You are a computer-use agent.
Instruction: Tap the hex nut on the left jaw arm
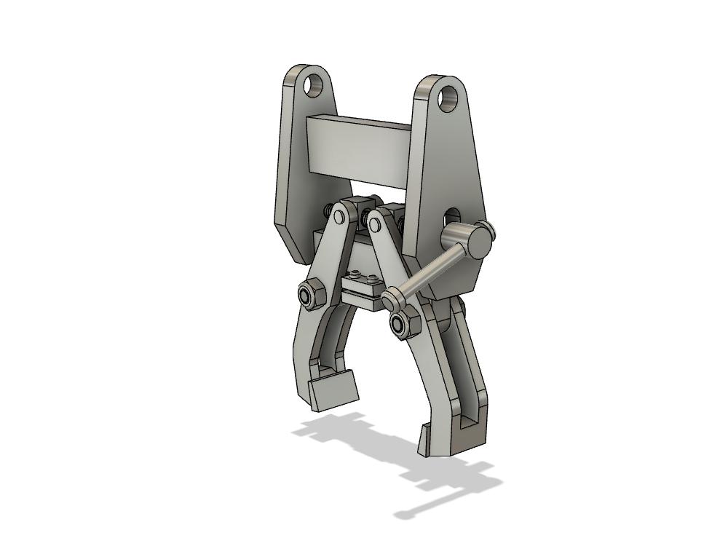click(x=308, y=295)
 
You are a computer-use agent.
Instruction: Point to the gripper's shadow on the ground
click(x=393, y=459)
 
